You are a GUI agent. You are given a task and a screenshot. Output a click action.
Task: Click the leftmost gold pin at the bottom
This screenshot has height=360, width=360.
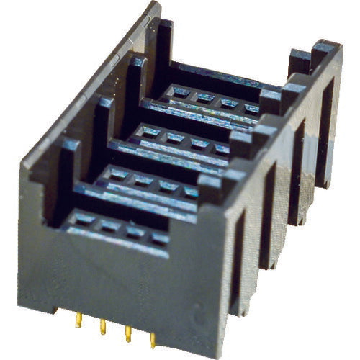[x=78, y=319]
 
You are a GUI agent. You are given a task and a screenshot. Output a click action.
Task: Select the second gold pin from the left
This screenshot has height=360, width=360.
[x=103, y=326]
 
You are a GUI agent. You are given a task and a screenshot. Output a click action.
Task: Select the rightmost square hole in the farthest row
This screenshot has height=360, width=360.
[x=250, y=108]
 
